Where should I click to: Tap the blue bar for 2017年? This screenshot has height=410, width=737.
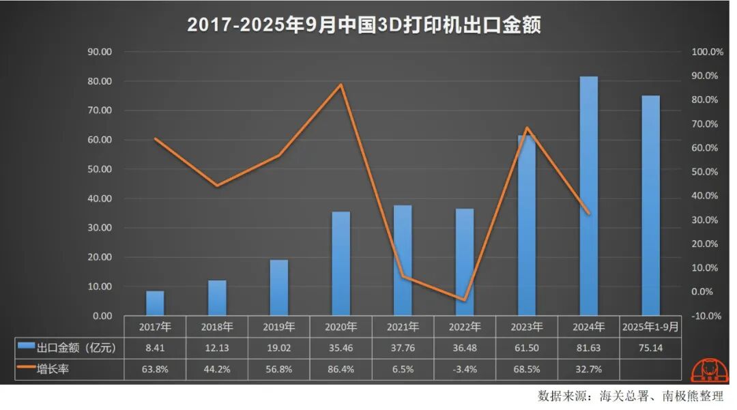point(155,304)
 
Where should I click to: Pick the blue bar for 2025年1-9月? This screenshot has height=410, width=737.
point(650,205)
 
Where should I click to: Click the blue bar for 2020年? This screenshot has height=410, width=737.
point(341,264)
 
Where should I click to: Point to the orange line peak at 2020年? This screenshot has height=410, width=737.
point(341,85)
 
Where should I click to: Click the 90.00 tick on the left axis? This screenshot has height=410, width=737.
point(99,52)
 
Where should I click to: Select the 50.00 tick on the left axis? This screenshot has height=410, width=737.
point(99,169)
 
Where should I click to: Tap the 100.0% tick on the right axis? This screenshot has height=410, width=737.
point(707,52)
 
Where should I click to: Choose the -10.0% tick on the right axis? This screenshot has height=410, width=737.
point(707,316)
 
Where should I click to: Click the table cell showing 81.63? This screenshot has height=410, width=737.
point(588,348)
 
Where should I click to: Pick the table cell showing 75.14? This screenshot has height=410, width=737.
point(650,348)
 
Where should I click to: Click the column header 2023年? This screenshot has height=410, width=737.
point(526,326)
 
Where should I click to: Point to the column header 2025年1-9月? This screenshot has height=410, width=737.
point(650,326)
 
